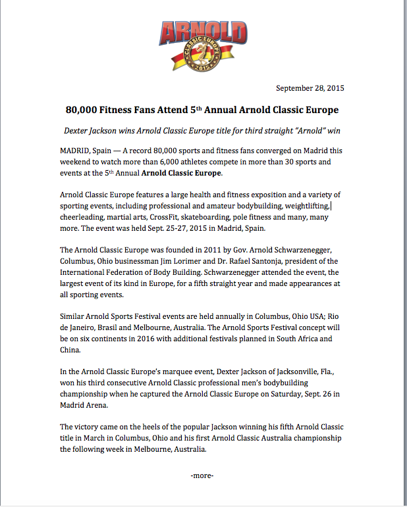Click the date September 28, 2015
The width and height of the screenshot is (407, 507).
[310, 88]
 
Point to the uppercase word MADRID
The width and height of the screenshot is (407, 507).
[75, 151]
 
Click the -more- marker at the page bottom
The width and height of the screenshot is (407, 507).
[202, 475]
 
